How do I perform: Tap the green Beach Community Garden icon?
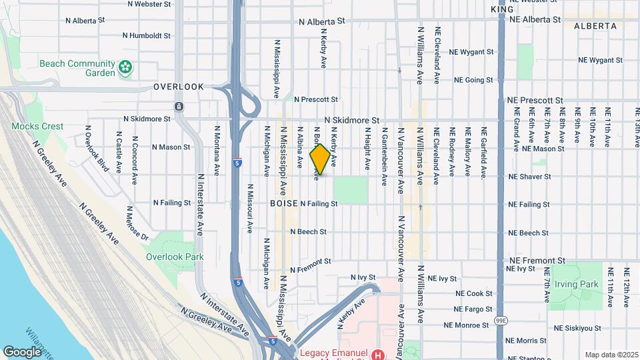pyautogui.click(x=124, y=67)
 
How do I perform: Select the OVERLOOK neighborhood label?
pyautogui.click(x=178, y=87)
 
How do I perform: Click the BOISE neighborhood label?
pyautogui.click(x=283, y=203)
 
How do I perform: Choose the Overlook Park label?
pyautogui.click(x=175, y=257)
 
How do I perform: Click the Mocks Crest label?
pyautogui.click(x=37, y=126)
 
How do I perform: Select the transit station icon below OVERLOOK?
pyautogui.click(x=179, y=107)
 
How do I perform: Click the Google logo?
pyautogui.click(x=22, y=351)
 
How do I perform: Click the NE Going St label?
pyautogui.click(x=473, y=80)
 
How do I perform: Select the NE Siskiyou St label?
pyautogui.click(x=577, y=328)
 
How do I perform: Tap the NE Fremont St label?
pyautogui.click(x=537, y=260)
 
